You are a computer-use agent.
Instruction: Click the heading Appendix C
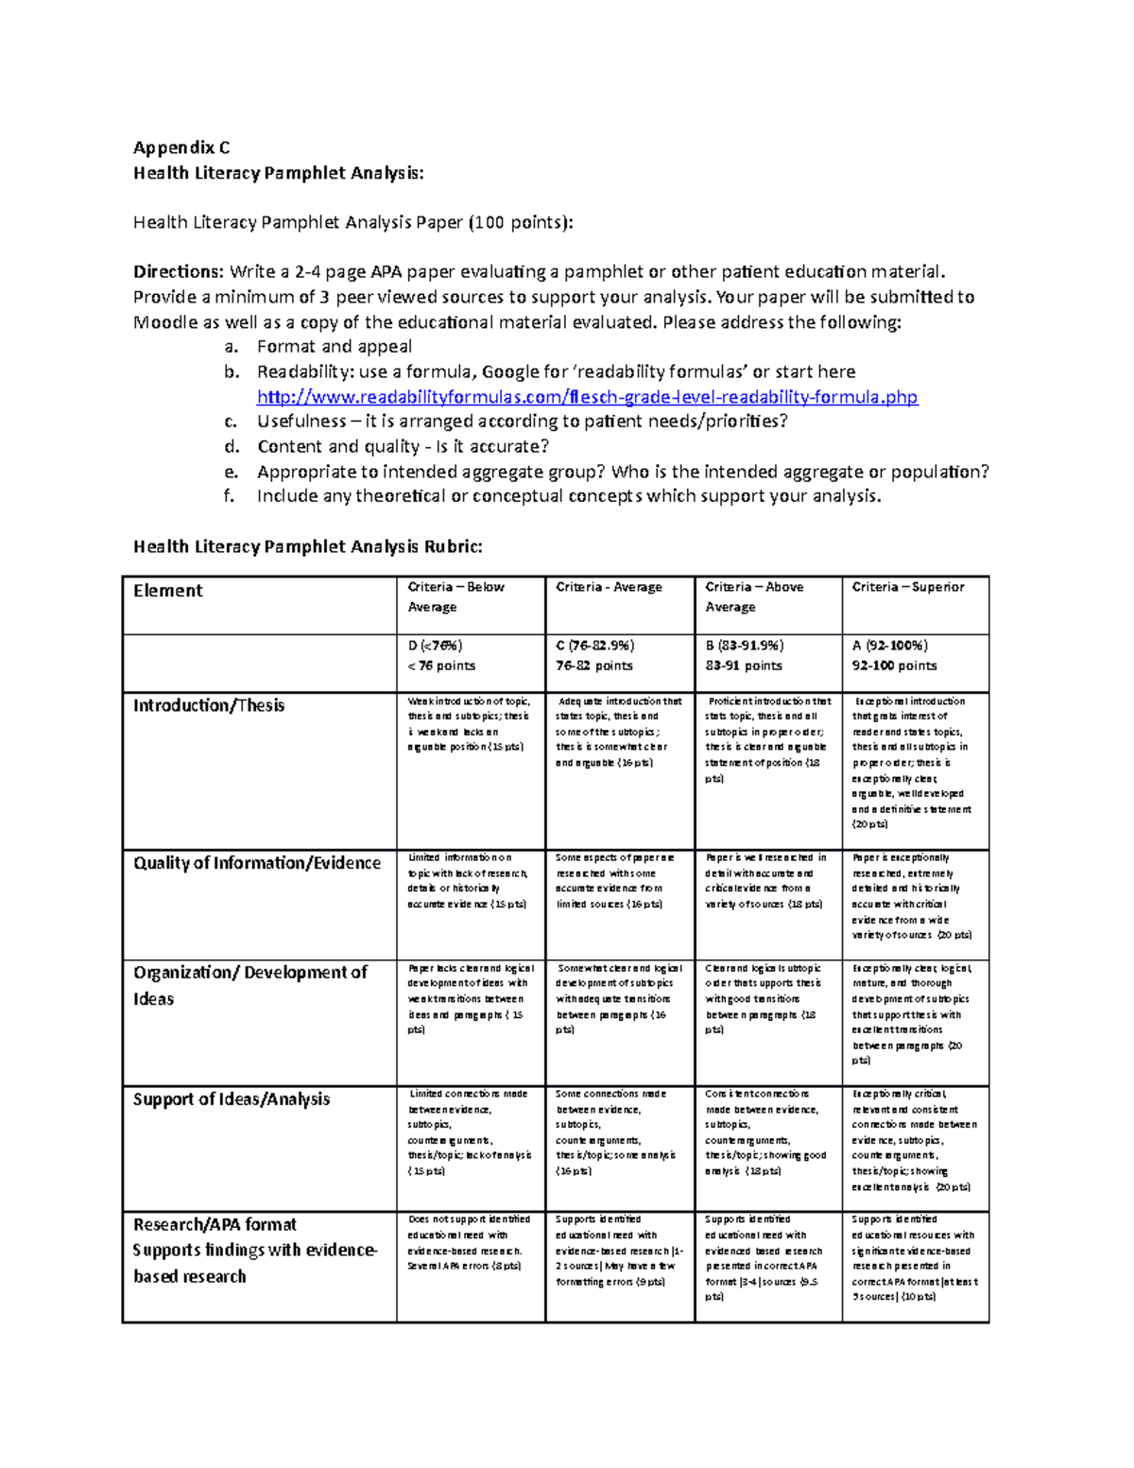[181, 147]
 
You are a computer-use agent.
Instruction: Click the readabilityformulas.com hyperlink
[587, 397]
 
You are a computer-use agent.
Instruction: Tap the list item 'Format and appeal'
[335, 347]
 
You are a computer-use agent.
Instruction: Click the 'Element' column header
[168, 591]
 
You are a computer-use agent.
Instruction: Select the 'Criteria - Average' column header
[609, 587]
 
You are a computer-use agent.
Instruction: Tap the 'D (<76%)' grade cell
[435, 646]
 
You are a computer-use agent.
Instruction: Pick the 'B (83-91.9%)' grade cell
[744, 646]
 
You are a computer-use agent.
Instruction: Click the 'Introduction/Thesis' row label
[209, 706]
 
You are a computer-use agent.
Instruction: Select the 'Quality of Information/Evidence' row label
[257, 863]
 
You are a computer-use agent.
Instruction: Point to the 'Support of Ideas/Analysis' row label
[232, 1099]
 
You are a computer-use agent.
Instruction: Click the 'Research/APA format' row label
[215, 1225]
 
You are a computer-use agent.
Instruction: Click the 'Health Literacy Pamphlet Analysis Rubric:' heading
[307, 546]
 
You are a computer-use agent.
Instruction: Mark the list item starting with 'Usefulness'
[522, 422]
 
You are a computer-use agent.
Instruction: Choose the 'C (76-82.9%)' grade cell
[594, 646]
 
